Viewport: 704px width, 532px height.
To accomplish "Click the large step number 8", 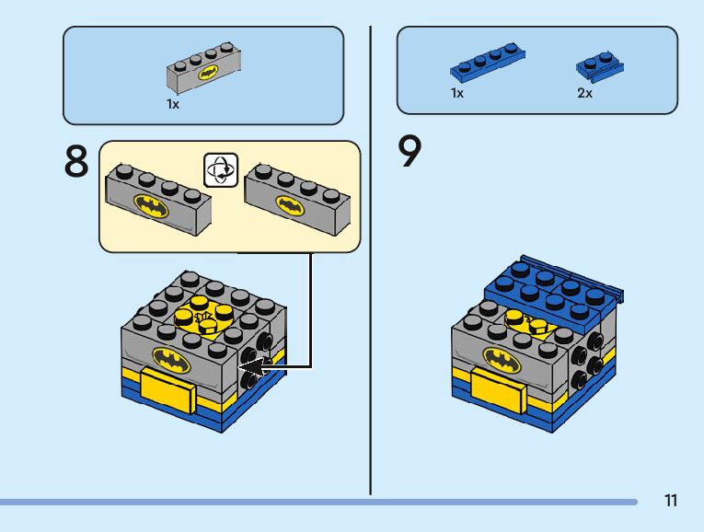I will pyautogui.click(x=76, y=162).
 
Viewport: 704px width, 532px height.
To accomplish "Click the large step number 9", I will pyautogui.click(x=410, y=152).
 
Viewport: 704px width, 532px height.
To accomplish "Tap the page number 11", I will pyautogui.click(x=670, y=501).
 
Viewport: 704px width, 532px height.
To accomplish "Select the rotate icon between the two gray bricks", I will pyautogui.click(x=221, y=170).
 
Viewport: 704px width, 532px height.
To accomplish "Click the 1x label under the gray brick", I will pyautogui.click(x=173, y=105).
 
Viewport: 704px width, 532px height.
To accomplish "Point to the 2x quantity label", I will pyautogui.click(x=585, y=94).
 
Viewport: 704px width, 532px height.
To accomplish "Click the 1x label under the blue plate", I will pyautogui.click(x=457, y=94).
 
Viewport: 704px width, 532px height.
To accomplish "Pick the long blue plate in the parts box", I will pyautogui.click(x=488, y=63).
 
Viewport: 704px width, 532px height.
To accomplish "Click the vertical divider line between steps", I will pyautogui.click(x=370, y=258).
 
